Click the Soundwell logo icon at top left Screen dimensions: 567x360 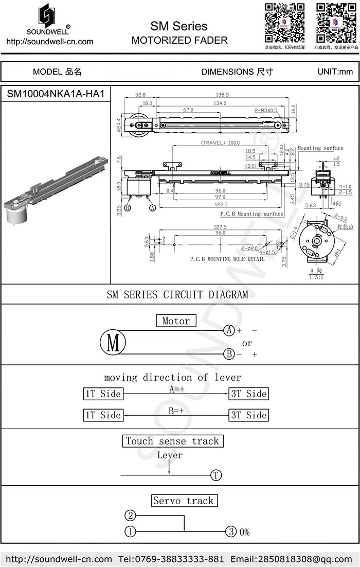49,17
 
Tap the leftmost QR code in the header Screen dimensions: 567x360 284,23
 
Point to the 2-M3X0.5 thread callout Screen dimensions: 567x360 265,110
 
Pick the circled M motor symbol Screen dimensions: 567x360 113,342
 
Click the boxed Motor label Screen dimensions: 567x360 176,321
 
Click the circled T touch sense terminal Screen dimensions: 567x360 216,475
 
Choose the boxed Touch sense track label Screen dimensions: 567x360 172,441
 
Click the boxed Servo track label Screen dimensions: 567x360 183,501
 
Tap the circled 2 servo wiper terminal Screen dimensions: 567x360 131,516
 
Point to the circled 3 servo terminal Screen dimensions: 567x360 231,531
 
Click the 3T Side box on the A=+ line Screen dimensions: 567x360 249,394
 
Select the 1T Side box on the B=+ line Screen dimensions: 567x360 103,415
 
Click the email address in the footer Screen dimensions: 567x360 291,559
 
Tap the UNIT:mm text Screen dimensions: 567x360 335,72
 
